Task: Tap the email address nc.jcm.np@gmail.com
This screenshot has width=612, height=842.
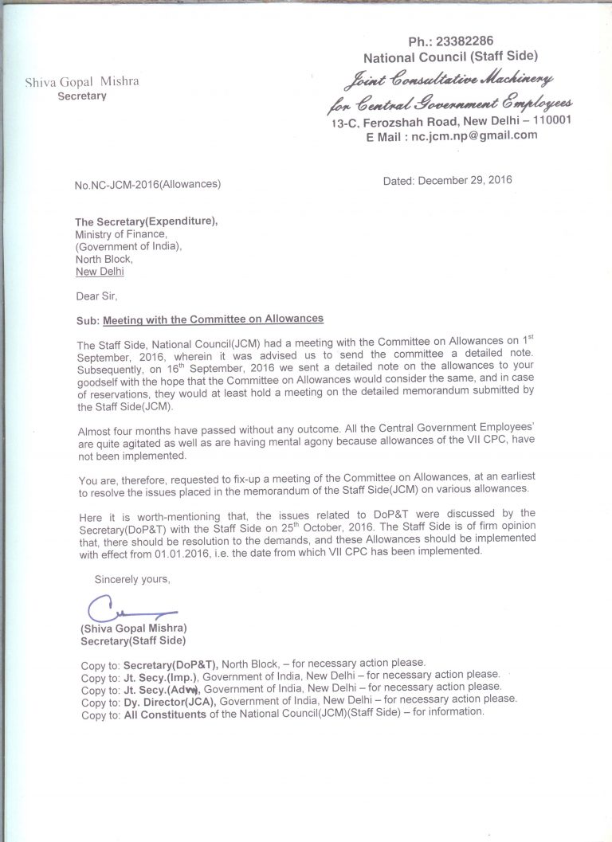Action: pyautogui.click(x=474, y=135)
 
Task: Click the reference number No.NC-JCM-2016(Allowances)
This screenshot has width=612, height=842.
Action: pyautogui.click(x=147, y=185)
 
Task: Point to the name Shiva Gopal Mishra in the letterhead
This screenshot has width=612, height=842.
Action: pyautogui.click(x=81, y=82)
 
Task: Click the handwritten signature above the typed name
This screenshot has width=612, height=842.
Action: pyautogui.click(x=127, y=612)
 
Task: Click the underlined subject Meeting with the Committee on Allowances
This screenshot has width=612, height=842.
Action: pyautogui.click(x=214, y=319)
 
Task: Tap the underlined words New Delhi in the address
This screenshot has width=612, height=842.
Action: pyautogui.click(x=100, y=272)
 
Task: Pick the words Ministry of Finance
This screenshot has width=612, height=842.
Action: pyautogui.click(x=121, y=234)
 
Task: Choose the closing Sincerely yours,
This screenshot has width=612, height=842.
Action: pyautogui.click(x=132, y=579)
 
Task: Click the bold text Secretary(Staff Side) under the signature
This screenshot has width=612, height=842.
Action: pyautogui.click(x=132, y=640)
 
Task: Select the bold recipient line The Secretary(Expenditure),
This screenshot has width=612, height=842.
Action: pyautogui.click(x=146, y=221)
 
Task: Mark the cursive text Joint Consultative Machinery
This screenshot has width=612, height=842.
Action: pyautogui.click(x=448, y=80)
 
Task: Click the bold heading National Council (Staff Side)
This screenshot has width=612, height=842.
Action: pyautogui.click(x=450, y=57)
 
